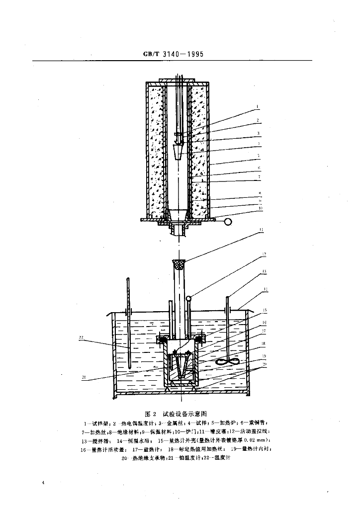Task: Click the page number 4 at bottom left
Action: (44, 482)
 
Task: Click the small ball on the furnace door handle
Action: (228, 222)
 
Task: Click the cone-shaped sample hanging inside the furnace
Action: (179, 150)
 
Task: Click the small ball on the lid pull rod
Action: (189, 298)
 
